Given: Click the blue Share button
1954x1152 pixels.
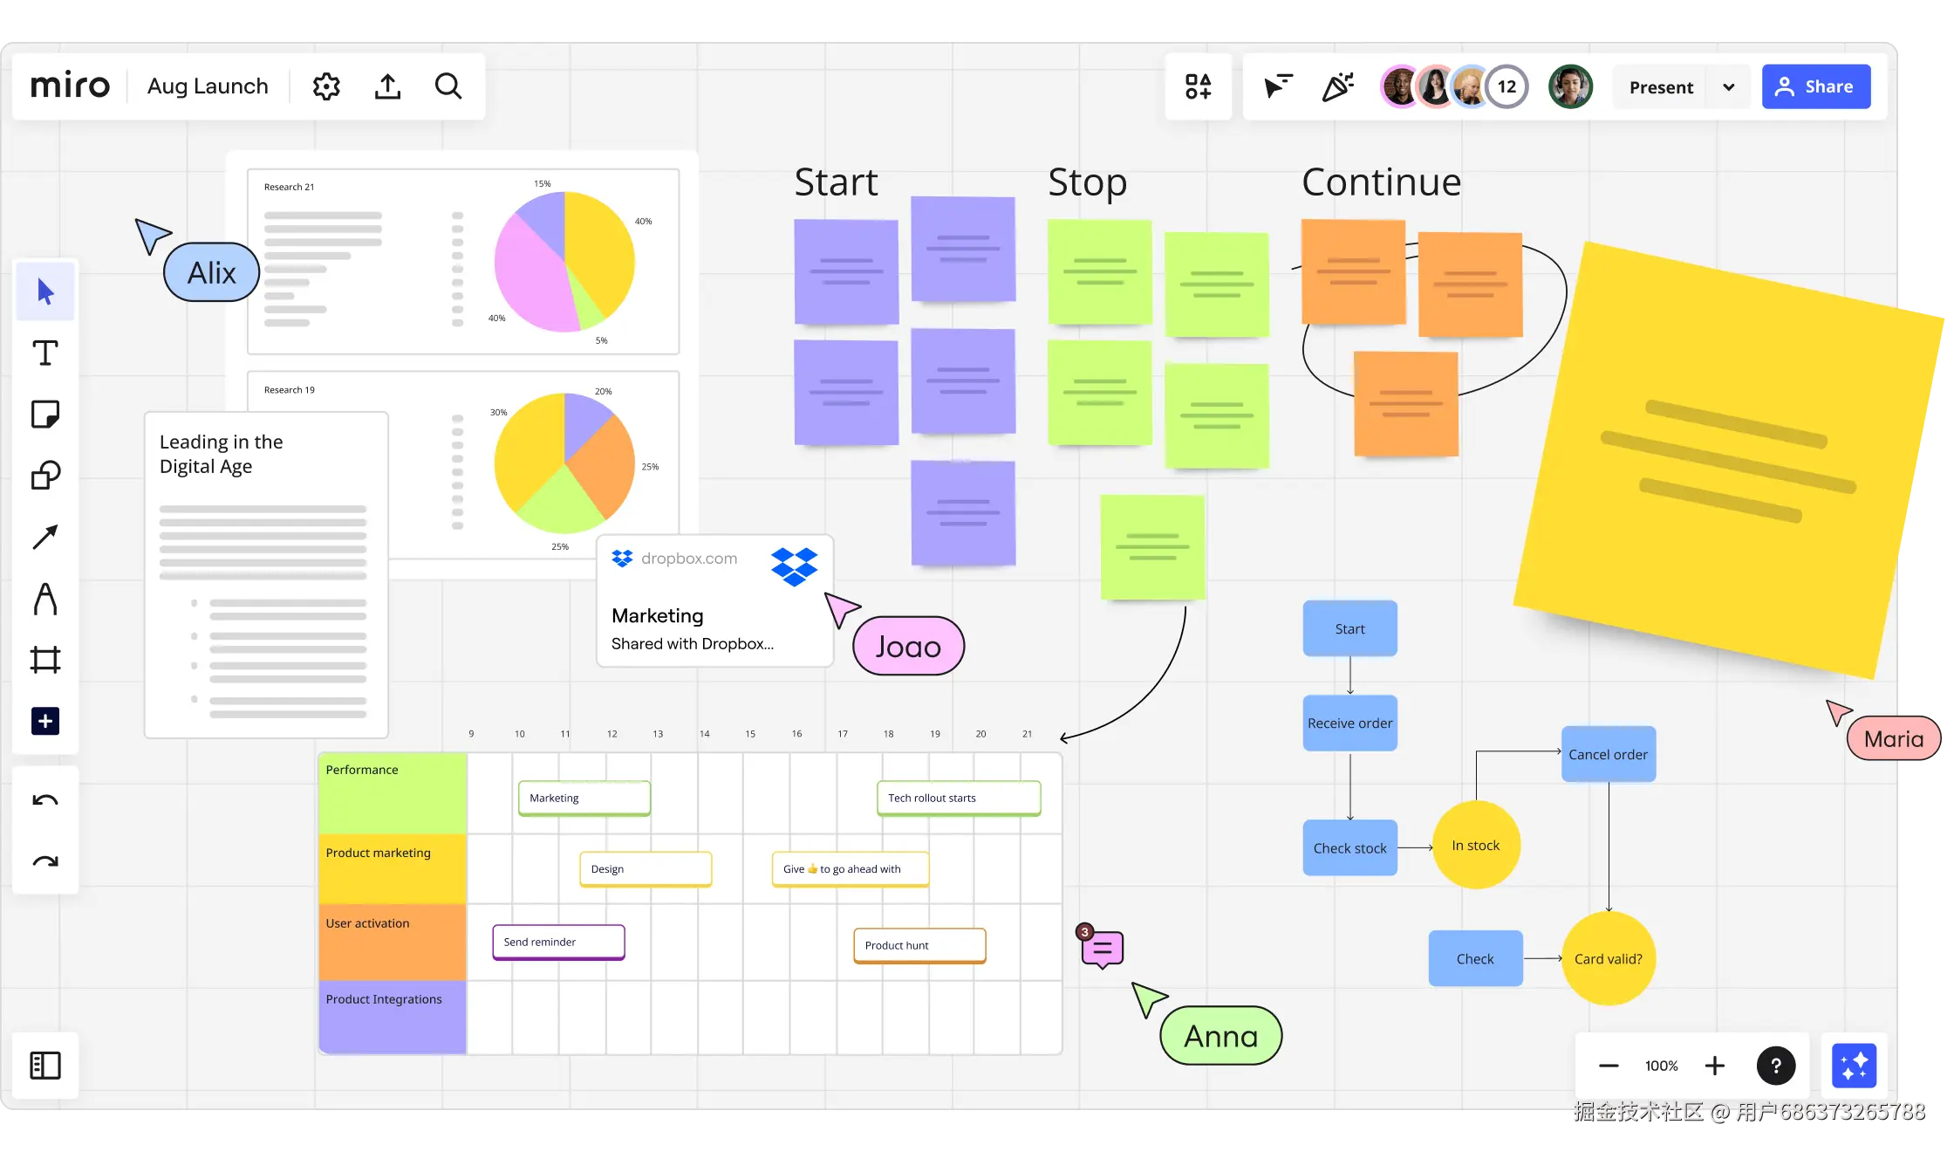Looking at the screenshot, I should coord(1815,86).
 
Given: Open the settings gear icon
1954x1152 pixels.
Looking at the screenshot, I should coord(326,86).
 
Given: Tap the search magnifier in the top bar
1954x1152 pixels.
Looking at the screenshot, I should coord(448,86).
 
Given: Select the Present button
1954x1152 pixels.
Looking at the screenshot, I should coord(1661,87).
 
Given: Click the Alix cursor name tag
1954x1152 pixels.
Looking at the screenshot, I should coord(211,273).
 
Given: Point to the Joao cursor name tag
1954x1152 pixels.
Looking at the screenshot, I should coord(908,647).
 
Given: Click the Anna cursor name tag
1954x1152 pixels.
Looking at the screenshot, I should coord(1220,1036).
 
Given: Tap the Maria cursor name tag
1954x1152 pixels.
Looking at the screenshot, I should coord(1893,739).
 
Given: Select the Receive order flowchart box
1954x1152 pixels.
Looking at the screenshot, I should coord(1349,723).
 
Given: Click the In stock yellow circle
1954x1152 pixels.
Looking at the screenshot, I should coord(1476,845).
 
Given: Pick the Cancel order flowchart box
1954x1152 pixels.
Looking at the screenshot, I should coord(1608,754).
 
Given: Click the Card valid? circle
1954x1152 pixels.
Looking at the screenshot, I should coord(1608,958).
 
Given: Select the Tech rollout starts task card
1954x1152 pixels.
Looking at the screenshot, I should coord(958,798).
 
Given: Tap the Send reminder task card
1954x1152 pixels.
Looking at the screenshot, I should coord(558,942).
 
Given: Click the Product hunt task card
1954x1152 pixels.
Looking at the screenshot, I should coord(919,945).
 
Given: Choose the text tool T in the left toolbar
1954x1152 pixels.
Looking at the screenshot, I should coord(45,353).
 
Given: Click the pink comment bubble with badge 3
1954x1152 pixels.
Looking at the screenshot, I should coord(1103,949).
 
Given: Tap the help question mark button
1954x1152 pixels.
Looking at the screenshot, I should coord(1775,1066).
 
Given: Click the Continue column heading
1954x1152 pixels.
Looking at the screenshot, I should coord(1381,182).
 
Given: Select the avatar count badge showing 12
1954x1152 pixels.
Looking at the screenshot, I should coord(1506,86).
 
